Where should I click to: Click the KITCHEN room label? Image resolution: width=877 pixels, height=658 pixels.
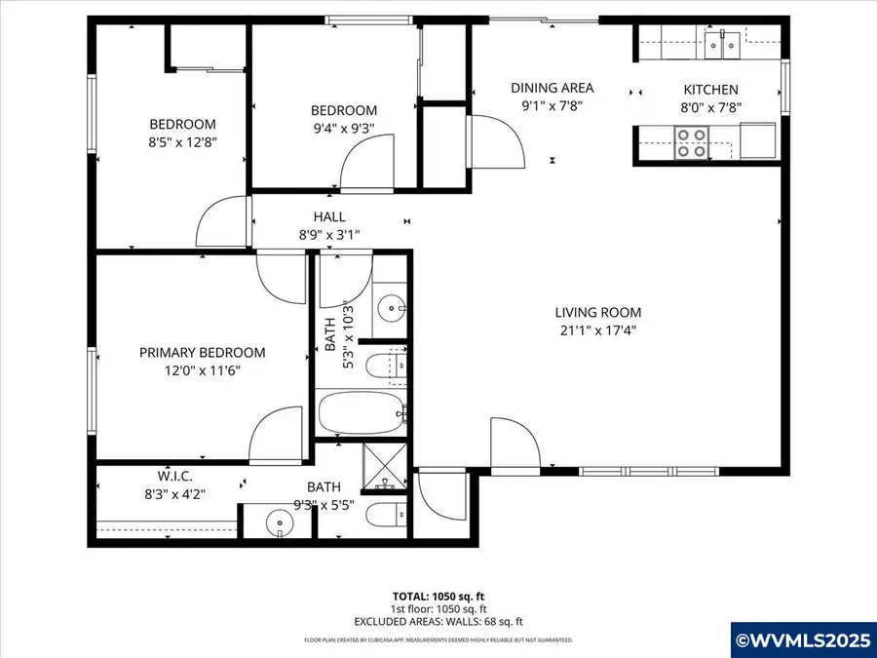point(710,89)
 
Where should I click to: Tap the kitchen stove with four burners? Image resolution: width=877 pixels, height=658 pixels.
point(693,142)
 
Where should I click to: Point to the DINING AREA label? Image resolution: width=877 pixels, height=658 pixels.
point(552,88)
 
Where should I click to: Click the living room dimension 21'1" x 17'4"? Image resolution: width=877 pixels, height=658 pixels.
point(598,329)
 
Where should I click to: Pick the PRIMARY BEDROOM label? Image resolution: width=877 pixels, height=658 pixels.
point(202,353)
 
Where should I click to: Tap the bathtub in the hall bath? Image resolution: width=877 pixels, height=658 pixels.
point(361,412)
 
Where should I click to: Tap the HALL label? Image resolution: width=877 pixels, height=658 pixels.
point(328,216)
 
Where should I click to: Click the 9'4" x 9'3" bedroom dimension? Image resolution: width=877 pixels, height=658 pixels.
point(343,127)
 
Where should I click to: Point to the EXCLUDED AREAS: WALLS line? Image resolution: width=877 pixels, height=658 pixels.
point(438,620)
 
